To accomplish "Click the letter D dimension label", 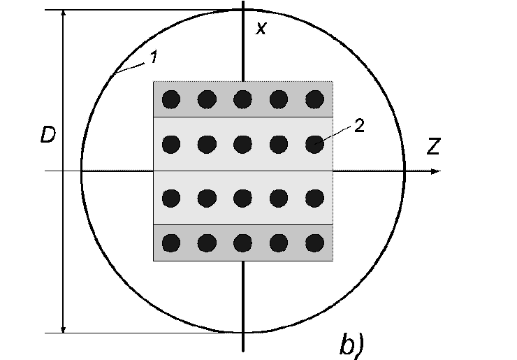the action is [48, 135].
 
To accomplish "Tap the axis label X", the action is [261, 29].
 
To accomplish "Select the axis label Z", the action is [434, 147].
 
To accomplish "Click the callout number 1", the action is [153, 57].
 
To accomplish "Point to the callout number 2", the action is [359, 125].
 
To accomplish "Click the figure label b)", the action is [352, 345].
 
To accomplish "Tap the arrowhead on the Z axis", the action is [436, 171].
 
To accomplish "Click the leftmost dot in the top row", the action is [171, 99].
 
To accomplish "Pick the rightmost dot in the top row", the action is [314, 99].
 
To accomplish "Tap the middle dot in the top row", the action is [242, 99].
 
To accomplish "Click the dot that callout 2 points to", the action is [314, 144].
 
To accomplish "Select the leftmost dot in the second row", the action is [171, 144].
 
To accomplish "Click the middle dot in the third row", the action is [242, 199].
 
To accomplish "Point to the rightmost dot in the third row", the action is [314, 199].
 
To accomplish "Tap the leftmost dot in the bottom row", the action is [171, 243].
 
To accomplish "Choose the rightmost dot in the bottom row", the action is [314, 243].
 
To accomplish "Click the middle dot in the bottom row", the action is [242, 243].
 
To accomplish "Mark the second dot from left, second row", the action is [207, 144].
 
